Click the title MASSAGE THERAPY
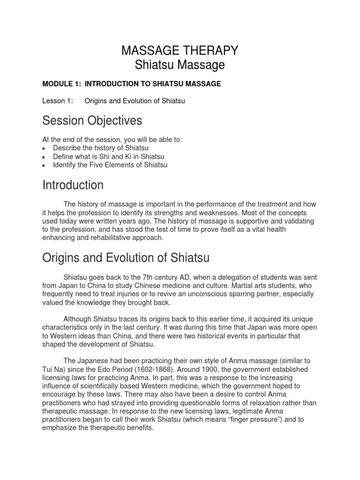point(180,50)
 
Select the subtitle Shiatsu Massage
point(180,65)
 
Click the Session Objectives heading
point(92,121)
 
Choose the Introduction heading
point(73,185)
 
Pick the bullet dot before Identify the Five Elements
point(44,165)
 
